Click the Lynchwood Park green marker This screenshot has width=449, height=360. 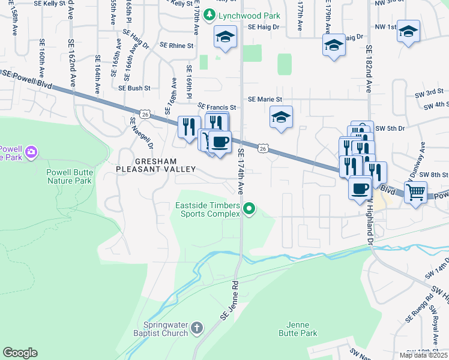pyautogui.click(x=209, y=15)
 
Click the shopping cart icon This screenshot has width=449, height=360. pyautogui.click(x=415, y=193)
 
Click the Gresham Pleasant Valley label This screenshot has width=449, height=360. pyautogui.click(x=156, y=166)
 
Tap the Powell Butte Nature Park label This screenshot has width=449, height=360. pyautogui.click(x=70, y=176)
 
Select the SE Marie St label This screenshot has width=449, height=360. pyautogui.click(x=265, y=99)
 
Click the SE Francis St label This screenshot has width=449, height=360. pyautogui.click(x=217, y=107)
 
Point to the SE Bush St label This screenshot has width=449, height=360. pyautogui.click(x=134, y=88)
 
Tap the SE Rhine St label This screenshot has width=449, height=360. pyautogui.click(x=177, y=45)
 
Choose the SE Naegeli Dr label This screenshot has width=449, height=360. pyautogui.click(x=142, y=133)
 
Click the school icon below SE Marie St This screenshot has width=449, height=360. pyautogui.click(x=280, y=118)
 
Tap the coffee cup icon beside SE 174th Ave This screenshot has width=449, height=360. pyautogui.click(x=220, y=142)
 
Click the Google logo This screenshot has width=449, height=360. pyautogui.click(x=20, y=353)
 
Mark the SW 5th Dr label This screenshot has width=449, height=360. pyautogui.click(x=390, y=128)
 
